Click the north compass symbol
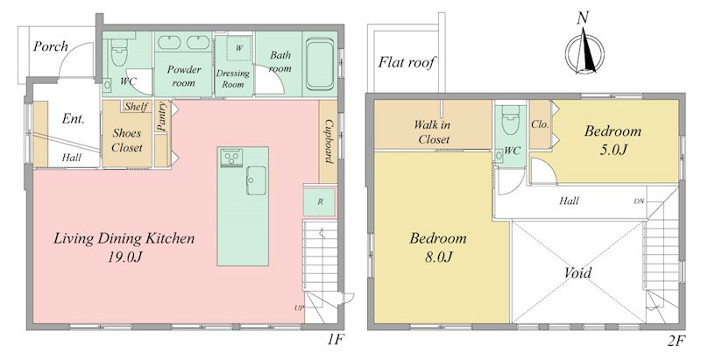click(584, 50)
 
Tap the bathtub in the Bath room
click(320, 63)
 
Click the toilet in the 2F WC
click(511, 119)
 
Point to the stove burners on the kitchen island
click(231, 157)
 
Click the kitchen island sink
click(255, 180)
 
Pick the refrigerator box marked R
click(320, 201)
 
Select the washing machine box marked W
click(239, 47)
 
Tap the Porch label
click(51, 46)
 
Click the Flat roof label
click(407, 62)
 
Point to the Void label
click(577, 272)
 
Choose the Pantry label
click(162, 116)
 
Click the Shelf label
click(137, 107)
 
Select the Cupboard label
click(330, 141)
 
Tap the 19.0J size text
click(124, 257)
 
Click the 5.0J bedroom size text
click(612, 149)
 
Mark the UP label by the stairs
click(299, 307)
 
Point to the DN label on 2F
click(640, 201)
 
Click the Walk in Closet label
click(432, 131)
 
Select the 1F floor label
click(335, 342)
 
